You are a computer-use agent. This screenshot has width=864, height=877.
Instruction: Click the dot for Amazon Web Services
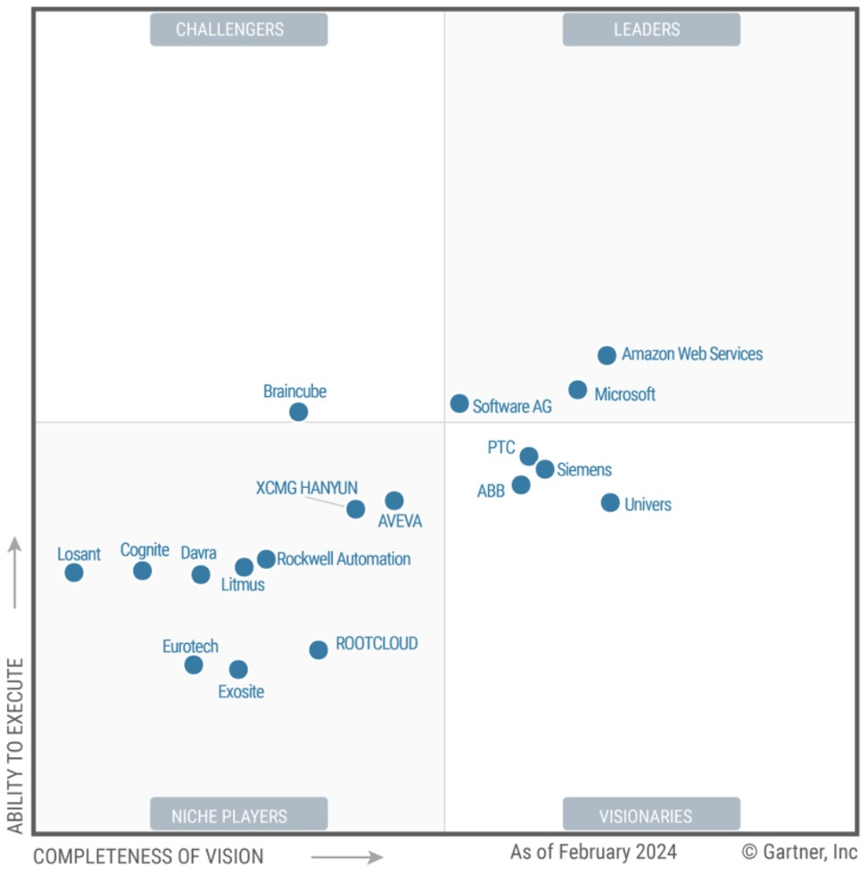click(607, 356)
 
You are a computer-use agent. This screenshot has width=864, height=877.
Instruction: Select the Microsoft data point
click(578, 390)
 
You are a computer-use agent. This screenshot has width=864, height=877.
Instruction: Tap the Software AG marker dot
click(459, 403)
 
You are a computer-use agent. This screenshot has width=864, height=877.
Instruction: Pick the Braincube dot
click(299, 412)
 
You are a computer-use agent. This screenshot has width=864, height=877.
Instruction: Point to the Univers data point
click(610, 502)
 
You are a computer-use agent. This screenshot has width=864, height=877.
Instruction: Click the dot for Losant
click(74, 573)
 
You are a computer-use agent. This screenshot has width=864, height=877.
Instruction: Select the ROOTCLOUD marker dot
click(319, 650)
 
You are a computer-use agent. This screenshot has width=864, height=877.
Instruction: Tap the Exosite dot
click(238, 670)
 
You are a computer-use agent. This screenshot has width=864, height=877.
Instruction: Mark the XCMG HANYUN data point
click(355, 509)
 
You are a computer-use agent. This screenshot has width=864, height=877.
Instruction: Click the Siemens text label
click(584, 470)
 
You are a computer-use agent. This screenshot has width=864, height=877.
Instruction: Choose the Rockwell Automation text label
click(344, 559)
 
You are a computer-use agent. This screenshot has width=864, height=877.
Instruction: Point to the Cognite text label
click(145, 550)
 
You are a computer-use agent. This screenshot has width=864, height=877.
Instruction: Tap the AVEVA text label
click(400, 521)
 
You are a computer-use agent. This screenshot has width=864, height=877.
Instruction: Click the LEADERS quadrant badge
click(651, 30)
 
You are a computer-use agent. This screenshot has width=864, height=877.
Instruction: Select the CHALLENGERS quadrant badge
click(238, 30)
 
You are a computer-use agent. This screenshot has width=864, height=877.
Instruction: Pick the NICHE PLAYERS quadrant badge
click(238, 817)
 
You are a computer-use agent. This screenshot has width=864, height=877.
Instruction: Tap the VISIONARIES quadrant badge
click(651, 817)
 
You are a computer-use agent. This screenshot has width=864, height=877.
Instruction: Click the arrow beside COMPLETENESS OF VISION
click(346, 857)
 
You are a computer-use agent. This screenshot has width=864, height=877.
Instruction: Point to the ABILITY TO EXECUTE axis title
click(15, 746)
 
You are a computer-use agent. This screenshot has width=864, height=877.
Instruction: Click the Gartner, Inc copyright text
click(799, 852)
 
